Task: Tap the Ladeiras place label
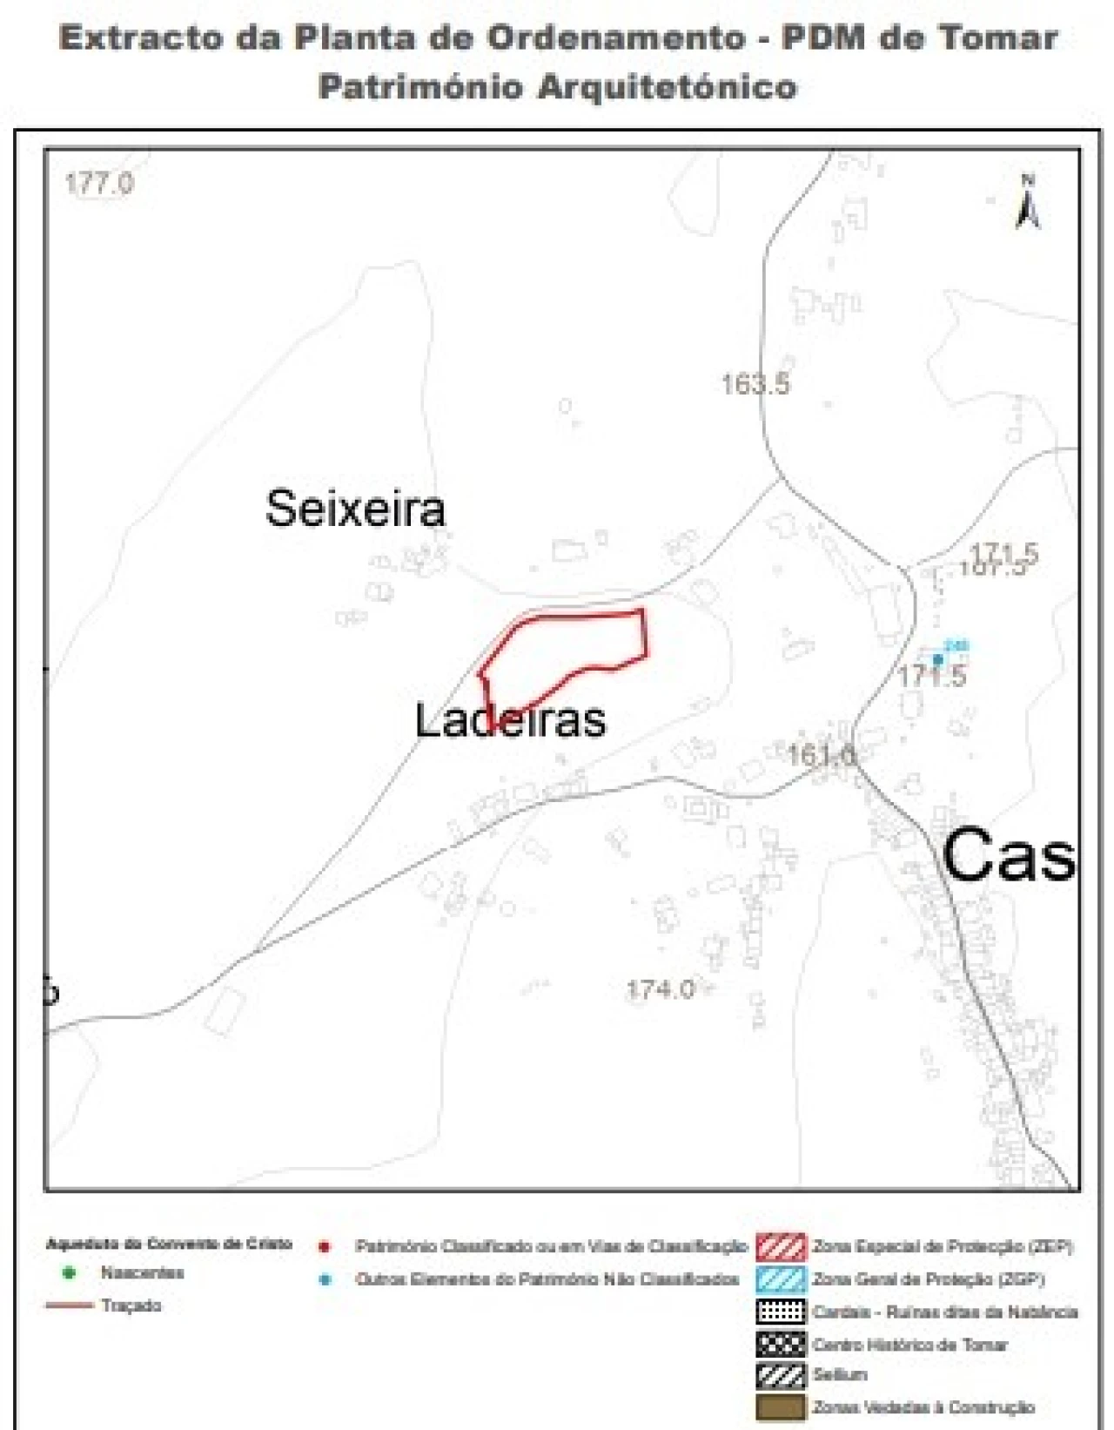(509, 720)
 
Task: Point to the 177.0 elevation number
(99, 184)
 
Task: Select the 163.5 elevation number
(755, 383)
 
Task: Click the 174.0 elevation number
(661, 989)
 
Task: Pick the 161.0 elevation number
(822, 754)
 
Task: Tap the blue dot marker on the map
(937, 659)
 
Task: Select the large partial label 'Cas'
(1008, 854)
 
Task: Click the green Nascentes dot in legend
(70, 1272)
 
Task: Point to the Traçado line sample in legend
(69, 1305)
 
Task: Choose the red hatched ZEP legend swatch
(781, 1246)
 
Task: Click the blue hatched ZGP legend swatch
(781, 1278)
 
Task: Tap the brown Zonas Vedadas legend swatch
(781, 1407)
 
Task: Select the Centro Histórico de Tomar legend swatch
(781, 1344)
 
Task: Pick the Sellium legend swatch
(781, 1375)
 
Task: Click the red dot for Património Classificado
(325, 1247)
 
